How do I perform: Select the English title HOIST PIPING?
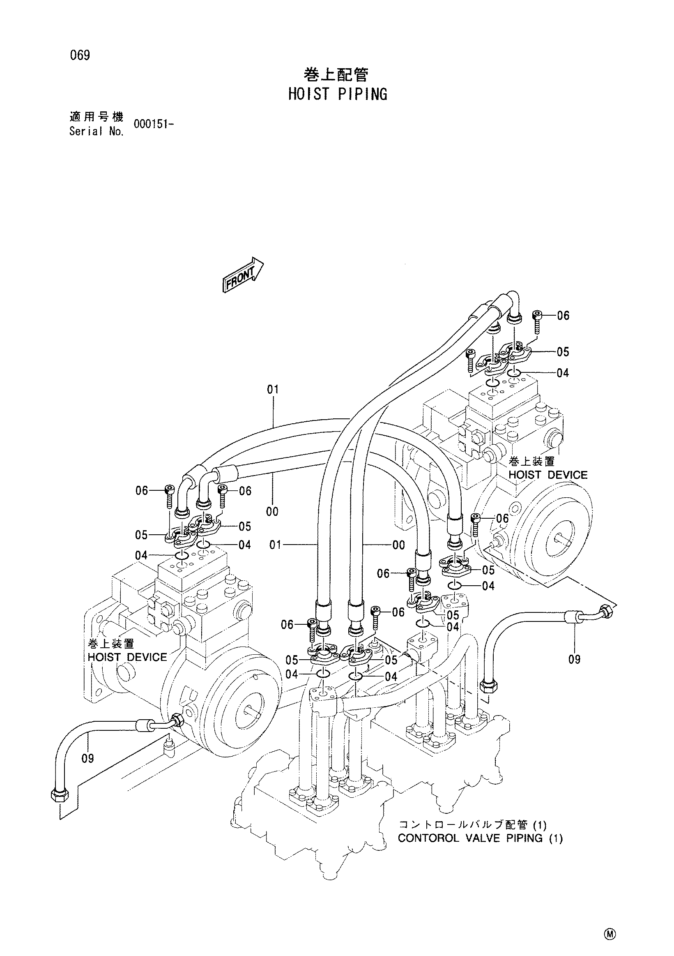coord(338,94)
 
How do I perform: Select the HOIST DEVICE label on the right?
coord(548,475)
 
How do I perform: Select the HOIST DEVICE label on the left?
coord(127,657)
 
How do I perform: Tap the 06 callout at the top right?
coord(563,315)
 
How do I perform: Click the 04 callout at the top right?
coord(563,373)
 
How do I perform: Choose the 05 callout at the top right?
coord(563,352)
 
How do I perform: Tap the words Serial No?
coord(97,132)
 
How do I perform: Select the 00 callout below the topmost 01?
coord(272,511)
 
